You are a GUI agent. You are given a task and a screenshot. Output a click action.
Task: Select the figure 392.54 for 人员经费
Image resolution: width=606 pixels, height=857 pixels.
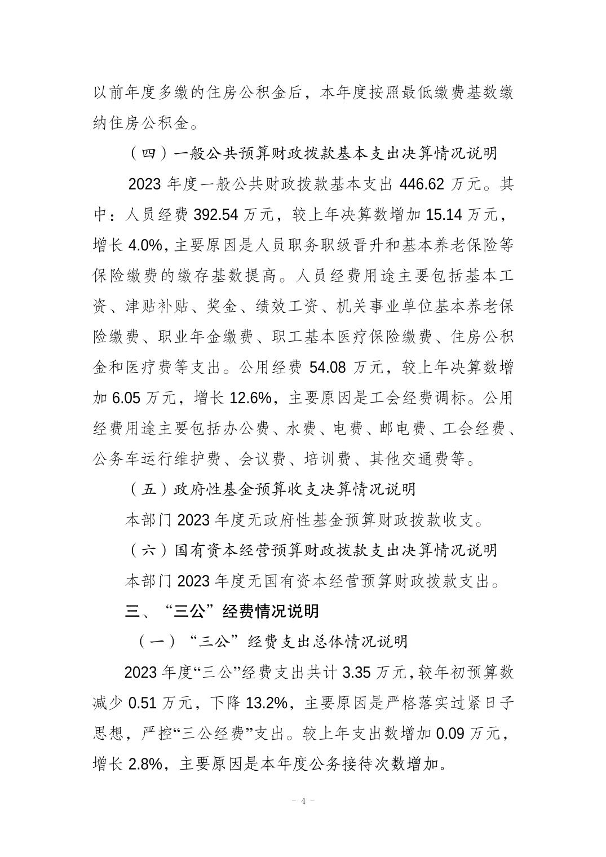coord(219,215)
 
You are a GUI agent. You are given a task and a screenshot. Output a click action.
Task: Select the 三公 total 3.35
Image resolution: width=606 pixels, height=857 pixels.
coord(356,673)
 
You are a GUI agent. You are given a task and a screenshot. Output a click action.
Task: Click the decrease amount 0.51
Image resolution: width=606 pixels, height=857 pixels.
coord(143,703)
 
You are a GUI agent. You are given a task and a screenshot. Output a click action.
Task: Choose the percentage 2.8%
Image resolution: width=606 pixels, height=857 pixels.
coord(146,765)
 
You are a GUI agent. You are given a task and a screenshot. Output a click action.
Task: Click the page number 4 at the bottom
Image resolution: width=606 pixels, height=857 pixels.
coord(303,801)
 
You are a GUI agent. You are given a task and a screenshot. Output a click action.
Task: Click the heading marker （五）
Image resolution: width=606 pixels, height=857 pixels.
coord(148,489)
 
